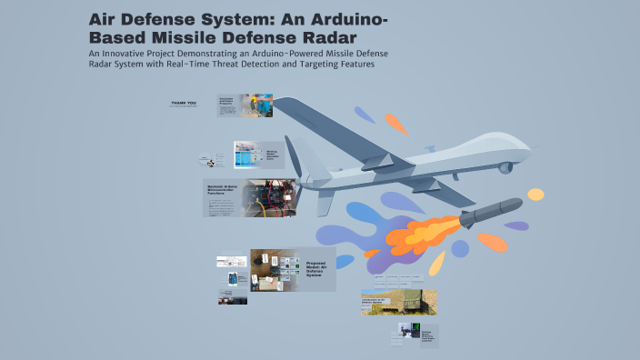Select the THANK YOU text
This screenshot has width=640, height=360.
[x=184, y=103]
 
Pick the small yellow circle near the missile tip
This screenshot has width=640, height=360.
[x=536, y=194]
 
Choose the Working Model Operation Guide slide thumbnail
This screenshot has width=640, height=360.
[x=259, y=155]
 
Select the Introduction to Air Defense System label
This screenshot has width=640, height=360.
[x=375, y=298]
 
